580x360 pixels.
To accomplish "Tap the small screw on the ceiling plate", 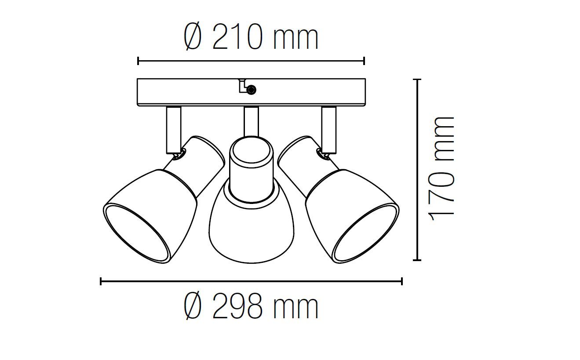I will point(251,90).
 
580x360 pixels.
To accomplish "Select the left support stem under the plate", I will point(173,130).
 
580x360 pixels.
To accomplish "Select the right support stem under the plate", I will point(328,130).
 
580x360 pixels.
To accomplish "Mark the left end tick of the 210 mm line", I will point(138,61).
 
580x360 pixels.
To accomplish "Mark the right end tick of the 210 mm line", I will point(364,61).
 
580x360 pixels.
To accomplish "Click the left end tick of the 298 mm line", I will point(101,281).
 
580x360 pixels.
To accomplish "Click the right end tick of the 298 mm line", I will point(402,281).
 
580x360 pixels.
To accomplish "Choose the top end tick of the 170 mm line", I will point(418,80).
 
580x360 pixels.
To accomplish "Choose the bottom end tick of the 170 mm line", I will point(418,260).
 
